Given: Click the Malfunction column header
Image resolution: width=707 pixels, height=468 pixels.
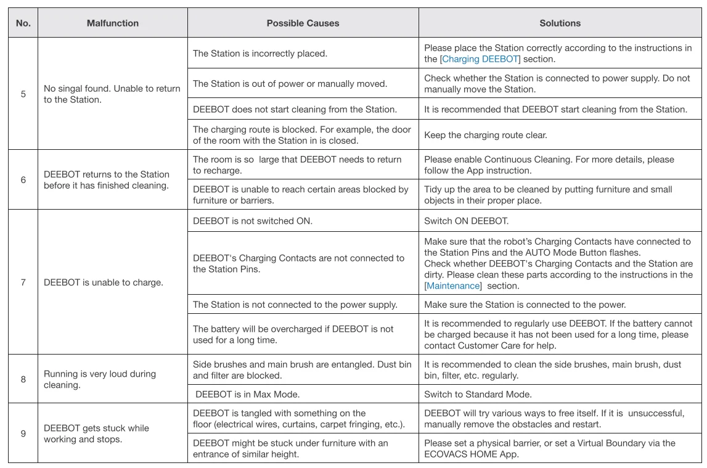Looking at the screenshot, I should click(x=113, y=23).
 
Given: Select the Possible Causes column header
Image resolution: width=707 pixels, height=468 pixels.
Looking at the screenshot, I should click(x=303, y=23).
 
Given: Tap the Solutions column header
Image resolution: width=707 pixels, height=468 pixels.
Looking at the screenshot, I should click(x=560, y=23).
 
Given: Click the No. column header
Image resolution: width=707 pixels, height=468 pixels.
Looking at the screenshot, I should click(x=23, y=23).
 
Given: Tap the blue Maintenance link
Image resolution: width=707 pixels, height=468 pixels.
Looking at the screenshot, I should click(x=453, y=286).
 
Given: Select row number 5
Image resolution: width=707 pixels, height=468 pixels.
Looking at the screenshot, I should click(x=23, y=94).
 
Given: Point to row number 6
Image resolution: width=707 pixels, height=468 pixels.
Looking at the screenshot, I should click(x=23, y=180).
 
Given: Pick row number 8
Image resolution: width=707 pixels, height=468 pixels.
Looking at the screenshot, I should click(x=23, y=379).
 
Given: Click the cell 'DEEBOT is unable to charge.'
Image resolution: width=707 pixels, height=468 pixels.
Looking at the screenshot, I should click(x=103, y=283).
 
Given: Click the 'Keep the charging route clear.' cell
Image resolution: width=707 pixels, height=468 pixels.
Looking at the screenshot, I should click(x=486, y=135).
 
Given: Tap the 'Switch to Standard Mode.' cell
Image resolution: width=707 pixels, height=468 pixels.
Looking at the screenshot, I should click(x=478, y=395).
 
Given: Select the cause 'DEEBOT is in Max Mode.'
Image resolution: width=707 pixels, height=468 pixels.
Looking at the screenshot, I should click(x=247, y=395).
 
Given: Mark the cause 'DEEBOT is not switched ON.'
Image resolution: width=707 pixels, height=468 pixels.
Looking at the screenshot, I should click(x=252, y=221).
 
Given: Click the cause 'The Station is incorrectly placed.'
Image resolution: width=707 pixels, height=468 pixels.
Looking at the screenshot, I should click(x=260, y=54).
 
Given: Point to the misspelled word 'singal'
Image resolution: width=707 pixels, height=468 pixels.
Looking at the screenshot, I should click(x=72, y=89).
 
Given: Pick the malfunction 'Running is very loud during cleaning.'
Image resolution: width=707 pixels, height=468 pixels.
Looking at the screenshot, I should click(x=99, y=379).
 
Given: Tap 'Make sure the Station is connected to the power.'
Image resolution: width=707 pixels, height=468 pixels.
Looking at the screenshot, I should click(x=525, y=305).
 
